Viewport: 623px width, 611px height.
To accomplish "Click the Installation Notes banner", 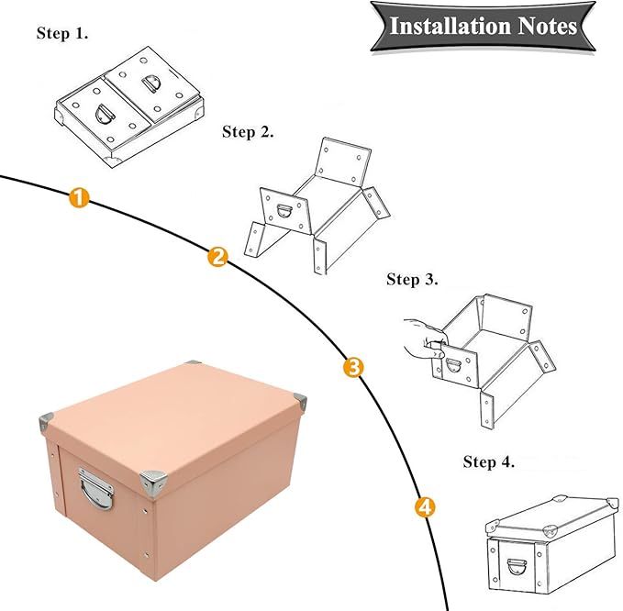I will (x=483, y=25).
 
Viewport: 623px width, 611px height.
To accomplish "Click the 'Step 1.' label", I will (x=63, y=33).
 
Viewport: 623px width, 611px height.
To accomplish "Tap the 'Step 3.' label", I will (x=412, y=279).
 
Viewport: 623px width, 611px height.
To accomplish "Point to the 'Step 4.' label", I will (x=489, y=461).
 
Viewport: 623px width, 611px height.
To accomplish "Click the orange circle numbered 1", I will (x=80, y=197).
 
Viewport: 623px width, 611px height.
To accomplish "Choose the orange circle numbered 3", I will (x=353, y=368).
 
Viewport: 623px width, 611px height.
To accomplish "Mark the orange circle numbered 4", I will (x=424, y=505).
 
